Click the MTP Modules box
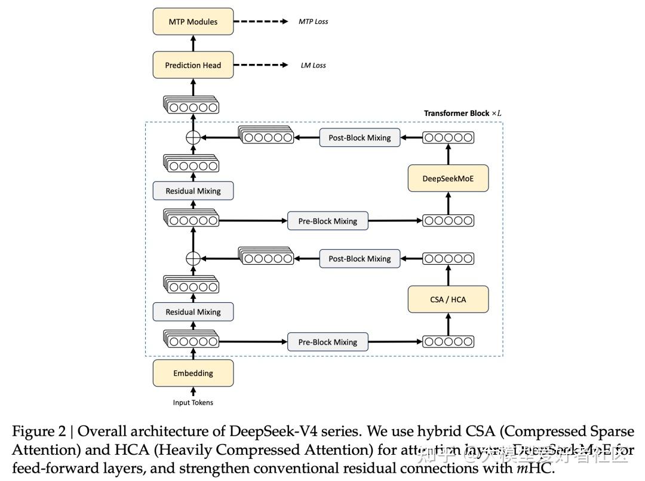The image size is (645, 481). (x=193, y=22)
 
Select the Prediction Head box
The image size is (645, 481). (x=193, y=66)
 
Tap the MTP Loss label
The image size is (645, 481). (x=313, y=22)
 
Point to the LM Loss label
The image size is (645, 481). (x=313, y=65)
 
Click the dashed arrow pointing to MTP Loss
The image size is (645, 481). (x=261, y=22)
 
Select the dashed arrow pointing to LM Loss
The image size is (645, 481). (x=261, y=65)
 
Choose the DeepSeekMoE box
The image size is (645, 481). (x=448, y=178)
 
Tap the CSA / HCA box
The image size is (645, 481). (x=448, y=299)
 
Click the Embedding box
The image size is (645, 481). (x=193, y=373)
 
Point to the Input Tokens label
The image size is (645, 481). (x=193, y=403)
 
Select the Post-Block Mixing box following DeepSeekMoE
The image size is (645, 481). (x=360, y=137)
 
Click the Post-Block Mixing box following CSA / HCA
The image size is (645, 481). (x=360, y=259)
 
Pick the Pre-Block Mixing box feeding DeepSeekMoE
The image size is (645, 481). (x=327, y=221)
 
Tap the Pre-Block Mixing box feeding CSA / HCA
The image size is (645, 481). (x=327, y=342)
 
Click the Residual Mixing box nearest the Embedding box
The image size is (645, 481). (x=193, y=312)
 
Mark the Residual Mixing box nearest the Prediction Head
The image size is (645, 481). (x=193, y=191)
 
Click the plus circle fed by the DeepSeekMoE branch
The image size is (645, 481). (x=192, y=137)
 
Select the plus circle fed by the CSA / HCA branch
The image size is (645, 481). (x=192, y=259)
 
